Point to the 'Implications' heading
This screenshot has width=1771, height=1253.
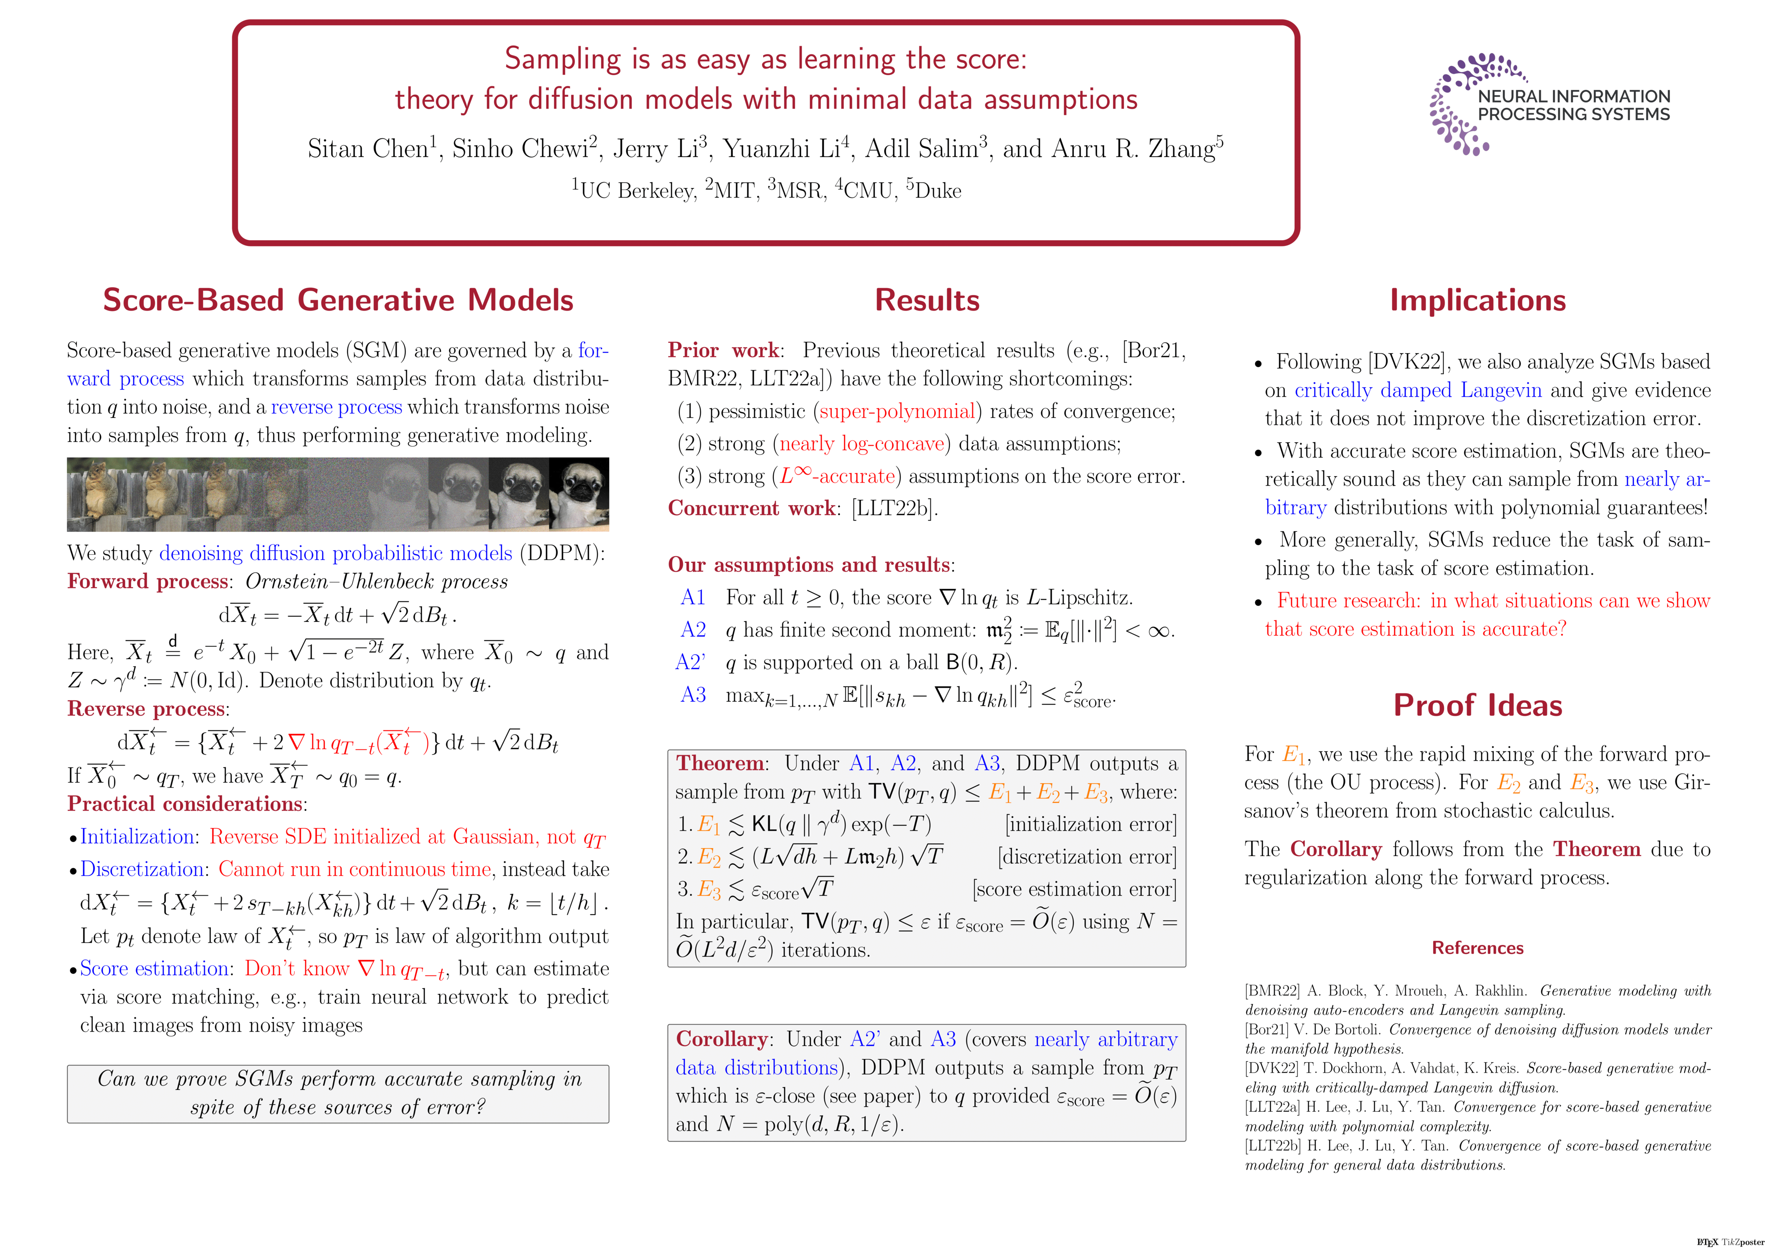coord(1477,300)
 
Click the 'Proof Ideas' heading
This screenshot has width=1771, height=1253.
coord(1477,705)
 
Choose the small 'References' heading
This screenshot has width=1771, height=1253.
coord(1477,948)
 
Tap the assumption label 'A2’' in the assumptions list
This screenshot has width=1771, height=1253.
coord(690,663)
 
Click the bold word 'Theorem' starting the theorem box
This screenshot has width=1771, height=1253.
coord(720,763)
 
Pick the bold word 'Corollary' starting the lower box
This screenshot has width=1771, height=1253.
coord(721,1039)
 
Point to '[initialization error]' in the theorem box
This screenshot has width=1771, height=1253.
coord(1090,824)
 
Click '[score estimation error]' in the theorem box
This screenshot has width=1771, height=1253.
coord(1075,889)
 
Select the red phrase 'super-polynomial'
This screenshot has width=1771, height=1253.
coord(897,411)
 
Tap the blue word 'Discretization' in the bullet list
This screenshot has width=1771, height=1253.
coord(142,869)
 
